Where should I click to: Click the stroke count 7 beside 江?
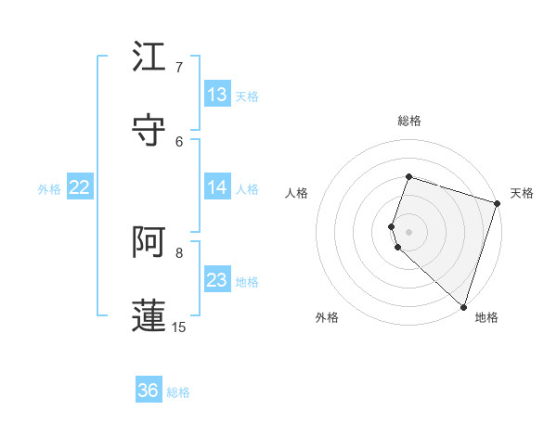[x=179, y=68]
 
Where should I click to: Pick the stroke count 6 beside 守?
[x=179, y=141]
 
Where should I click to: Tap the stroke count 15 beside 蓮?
[x=179, y=327]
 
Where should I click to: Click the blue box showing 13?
[x=217, y=95]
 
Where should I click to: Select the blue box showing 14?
[x=217, y=187]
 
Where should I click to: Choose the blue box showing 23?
[x=217, y=280]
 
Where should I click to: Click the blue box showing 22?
[x=80, y=187]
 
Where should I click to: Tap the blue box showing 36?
[x=149, y=391]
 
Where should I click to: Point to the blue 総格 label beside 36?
[x=179, y=392]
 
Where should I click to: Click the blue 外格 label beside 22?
[x=49, y=189]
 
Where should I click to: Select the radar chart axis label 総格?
[x=409, y=121]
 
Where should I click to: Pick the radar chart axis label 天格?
[x=522, y=193]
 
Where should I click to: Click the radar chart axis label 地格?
[x=486, y=317]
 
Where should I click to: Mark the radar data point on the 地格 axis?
[x=463, y=306]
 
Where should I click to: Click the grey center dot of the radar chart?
[x=409, y=231]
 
